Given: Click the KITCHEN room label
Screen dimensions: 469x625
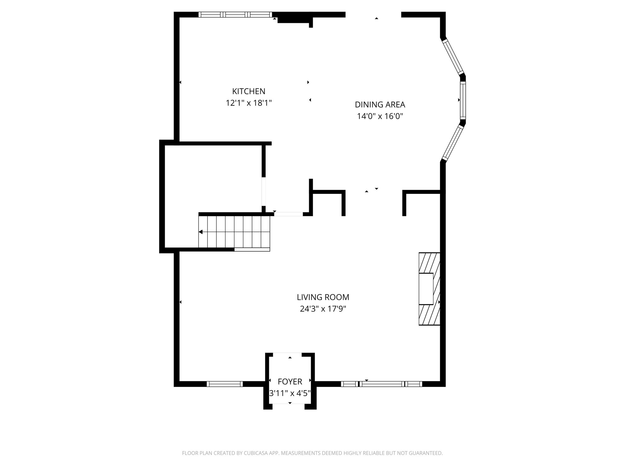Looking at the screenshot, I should point(249,91).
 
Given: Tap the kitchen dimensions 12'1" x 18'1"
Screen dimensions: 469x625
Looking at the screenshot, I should point(249,103).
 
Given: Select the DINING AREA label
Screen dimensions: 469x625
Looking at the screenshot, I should point(380,105).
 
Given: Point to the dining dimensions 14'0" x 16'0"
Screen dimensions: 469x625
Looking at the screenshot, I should point(380,116).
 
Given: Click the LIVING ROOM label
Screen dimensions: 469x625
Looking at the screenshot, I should point(323,297).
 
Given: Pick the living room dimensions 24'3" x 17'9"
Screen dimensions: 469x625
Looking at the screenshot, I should point(323,309).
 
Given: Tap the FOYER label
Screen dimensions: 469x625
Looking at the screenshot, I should point(290,382).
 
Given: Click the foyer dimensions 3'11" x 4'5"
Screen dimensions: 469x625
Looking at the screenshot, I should point(290,393).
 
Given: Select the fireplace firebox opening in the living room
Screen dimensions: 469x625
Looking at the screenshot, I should point(426,289).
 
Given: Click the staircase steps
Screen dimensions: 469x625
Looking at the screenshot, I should point(234,232).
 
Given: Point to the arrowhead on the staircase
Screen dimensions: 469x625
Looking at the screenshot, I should point(201,232).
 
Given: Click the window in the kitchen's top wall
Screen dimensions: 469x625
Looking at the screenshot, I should point(235,14).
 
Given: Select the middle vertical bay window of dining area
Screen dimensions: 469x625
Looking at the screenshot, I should point(463,100).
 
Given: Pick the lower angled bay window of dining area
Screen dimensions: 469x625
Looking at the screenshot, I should point(453,143).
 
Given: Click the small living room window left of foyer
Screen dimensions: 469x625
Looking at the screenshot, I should point(225,384).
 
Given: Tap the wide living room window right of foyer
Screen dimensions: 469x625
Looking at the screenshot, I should point(381,384).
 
